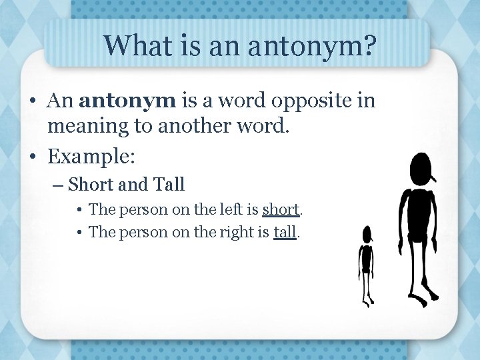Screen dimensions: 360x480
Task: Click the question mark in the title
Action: (369, 46)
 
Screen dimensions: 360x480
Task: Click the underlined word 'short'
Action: (282, 210)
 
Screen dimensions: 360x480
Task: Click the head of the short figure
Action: (367, 234)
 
